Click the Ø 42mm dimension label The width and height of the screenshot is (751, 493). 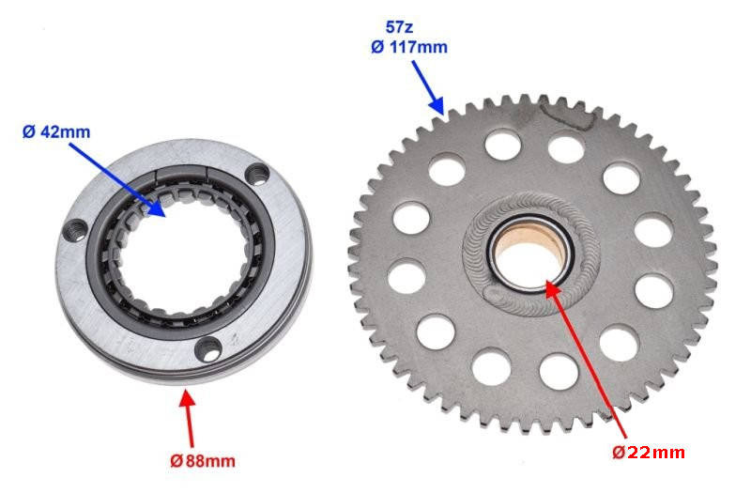pos(56,131)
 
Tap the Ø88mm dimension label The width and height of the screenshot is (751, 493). pos(203,461)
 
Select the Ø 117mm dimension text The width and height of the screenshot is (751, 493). pos(409,47)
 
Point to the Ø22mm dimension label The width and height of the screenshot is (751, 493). pos(649,453)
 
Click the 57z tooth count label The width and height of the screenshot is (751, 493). pos(400,27)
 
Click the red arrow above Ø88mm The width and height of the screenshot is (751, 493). pos(189,418)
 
